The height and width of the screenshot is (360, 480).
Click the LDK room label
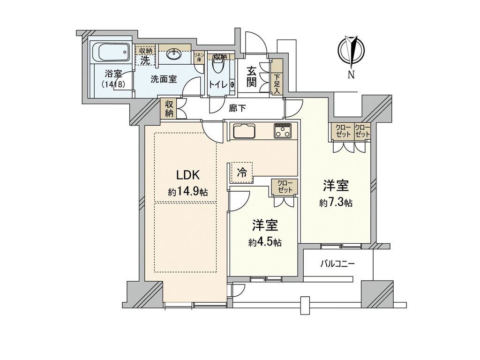[x=188, y=175]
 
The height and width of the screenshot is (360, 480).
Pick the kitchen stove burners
[x=283, y=131]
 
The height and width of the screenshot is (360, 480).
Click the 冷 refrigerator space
[x=241, y=172]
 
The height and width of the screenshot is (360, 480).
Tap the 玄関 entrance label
[x=252, y=77]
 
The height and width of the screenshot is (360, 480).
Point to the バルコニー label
[x=337, y=263]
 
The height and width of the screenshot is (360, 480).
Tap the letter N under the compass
[x=351, y=74]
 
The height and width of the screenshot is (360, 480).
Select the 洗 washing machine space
[x=145, y=60]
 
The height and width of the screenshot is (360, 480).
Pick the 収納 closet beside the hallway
[x=169, y=109]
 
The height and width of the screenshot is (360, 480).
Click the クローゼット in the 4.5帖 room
[x=284, y=187]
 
